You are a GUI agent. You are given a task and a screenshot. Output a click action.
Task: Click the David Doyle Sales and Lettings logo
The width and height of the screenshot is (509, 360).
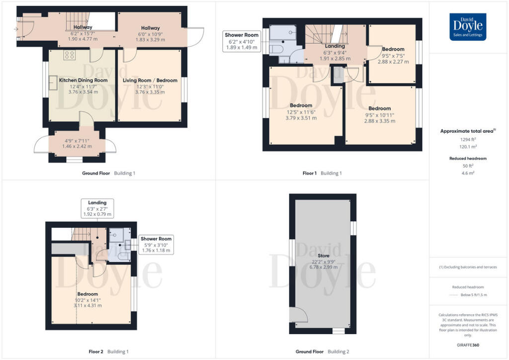coord(468,27)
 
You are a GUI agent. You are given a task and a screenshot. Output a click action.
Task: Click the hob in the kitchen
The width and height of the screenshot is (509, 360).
coord(69,55)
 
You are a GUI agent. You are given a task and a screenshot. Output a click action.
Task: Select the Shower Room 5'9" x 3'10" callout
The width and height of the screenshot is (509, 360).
coord(156,245)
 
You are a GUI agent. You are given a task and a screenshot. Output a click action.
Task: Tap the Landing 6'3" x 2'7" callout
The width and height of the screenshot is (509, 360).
coord(97,208)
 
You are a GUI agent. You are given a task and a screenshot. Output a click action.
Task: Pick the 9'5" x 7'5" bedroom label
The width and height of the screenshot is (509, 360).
coord(393,56)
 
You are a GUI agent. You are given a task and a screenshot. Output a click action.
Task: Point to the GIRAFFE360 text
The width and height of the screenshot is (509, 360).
coord(468,345)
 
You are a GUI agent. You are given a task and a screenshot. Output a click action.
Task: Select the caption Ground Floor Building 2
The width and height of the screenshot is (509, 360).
coord(323,352)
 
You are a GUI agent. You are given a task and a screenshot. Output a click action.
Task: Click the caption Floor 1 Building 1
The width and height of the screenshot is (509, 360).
coord(322,173)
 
